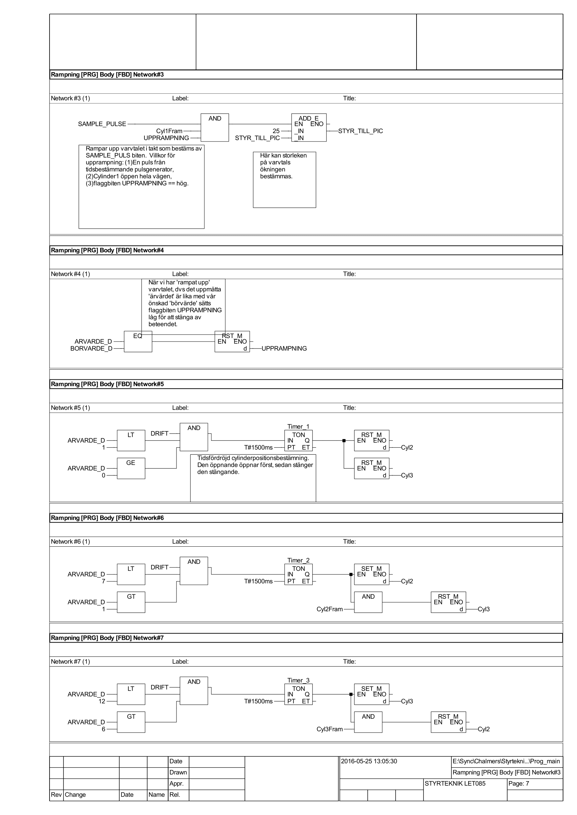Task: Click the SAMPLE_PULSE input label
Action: [x=102, y=124]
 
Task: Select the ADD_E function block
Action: [x=308, y=128]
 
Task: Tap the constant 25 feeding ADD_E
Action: [x=276, y=131]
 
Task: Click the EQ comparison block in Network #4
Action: [x=138, y=341]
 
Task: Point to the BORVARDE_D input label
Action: [x=91, y=348]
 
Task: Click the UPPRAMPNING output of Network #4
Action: [x=284, y=348]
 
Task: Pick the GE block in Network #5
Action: [x=131, y=468]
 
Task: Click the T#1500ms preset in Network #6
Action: [x=258, y=582]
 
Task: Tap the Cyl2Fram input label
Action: [x=330, y=609]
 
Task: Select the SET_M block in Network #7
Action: [x=371, y=694]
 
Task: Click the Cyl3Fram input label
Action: [x=330, y=729]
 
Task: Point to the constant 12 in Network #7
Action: [x=102, y=701]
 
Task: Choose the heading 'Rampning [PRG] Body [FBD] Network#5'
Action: [x=107, y=384]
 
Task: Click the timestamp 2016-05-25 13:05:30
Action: [x=369, y=761]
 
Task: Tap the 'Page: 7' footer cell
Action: [x=518, y=783]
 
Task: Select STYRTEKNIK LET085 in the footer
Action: [x=455, y=783]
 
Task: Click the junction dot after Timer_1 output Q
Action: [x=344, y=440]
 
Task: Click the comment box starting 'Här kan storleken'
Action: [x=284, y=179]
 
